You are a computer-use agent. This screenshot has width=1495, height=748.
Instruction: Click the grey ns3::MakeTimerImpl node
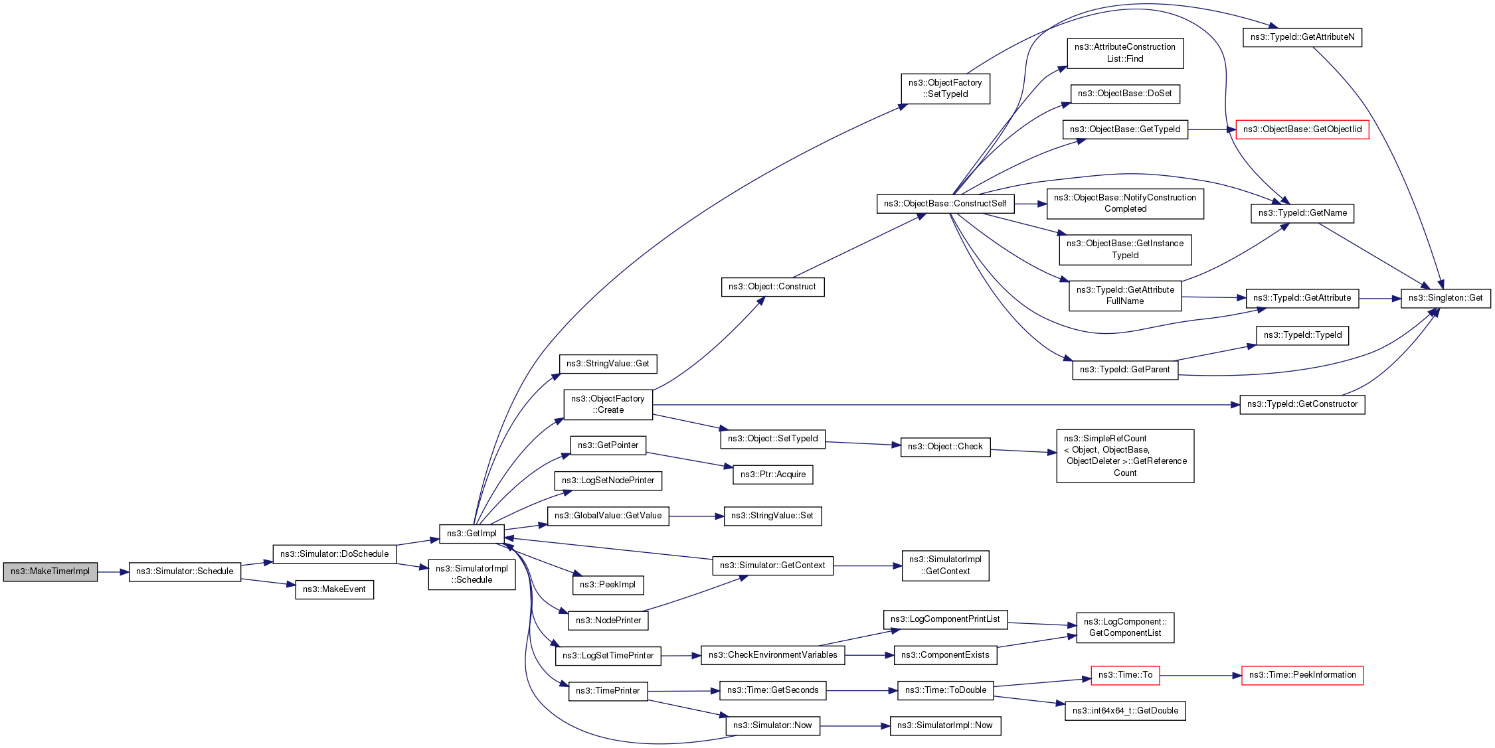(x=50, y=571)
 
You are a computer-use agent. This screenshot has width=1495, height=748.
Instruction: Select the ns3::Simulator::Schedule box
(x=185, y=571)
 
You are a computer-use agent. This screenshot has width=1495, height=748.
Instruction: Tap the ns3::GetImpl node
(x=472, y=534)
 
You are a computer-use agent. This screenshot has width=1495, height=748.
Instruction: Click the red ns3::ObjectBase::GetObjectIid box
(x=1302, y=129)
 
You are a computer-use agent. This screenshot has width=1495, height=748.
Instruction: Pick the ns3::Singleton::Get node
(x=1445, y=298)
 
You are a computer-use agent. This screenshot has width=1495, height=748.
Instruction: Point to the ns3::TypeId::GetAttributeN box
(x=1302, y=37)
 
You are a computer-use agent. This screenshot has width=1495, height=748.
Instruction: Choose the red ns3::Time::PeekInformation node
(x=1302, y=675)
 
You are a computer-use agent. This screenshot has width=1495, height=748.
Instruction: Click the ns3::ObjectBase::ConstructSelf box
(x=945, y=204)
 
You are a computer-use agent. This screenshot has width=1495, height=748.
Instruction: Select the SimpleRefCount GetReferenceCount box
(x=1125, y=456)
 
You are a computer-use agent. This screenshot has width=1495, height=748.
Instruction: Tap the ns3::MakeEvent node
(x=334, y=589)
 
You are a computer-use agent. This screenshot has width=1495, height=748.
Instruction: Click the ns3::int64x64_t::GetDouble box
(x=1125, y=711)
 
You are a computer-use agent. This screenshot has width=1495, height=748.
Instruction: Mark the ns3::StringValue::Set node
(x=772, y=516)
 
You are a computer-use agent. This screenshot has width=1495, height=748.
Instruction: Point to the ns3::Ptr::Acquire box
(x=772, y=475)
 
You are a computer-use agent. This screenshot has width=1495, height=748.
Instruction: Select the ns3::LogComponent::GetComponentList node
(x=1125, y=627)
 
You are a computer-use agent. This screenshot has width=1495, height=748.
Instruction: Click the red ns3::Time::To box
(x=1125, y=675)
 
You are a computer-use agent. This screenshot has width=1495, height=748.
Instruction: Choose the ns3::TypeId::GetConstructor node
(x=1302, y=404)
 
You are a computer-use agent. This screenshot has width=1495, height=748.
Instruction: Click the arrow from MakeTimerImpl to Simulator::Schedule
(x=113, y=571)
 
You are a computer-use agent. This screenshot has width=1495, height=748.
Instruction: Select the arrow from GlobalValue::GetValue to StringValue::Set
(x=696, y=516)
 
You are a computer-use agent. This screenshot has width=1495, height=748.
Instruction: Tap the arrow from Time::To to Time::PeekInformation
(x=1200, y=676)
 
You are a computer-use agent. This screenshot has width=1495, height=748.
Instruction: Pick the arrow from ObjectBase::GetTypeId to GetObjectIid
(x=1211, y=129)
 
